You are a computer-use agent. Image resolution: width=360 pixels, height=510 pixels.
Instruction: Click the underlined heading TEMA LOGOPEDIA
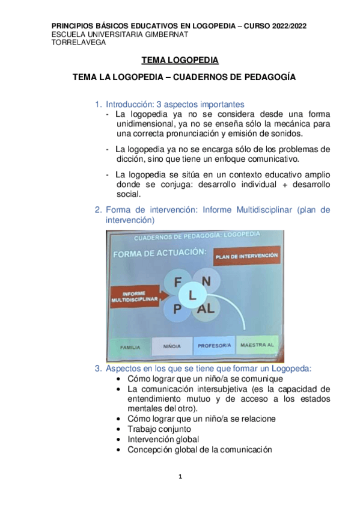[180, 61]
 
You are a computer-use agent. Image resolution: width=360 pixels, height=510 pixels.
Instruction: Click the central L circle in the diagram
[192, 295]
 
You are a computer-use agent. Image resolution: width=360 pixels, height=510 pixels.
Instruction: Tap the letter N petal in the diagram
[206, 280]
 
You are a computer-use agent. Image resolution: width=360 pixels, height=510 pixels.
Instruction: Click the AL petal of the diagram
[206, 309]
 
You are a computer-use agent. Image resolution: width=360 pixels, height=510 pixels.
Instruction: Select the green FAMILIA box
[130, 347]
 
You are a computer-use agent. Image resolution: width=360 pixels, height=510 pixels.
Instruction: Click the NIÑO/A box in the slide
[172, 346]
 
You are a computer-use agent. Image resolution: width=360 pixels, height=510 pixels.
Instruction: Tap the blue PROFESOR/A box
[215, 346]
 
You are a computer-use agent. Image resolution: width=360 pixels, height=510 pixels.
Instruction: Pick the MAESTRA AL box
[257, 345]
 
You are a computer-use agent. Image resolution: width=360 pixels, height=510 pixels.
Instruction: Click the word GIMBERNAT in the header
[163, 34]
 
